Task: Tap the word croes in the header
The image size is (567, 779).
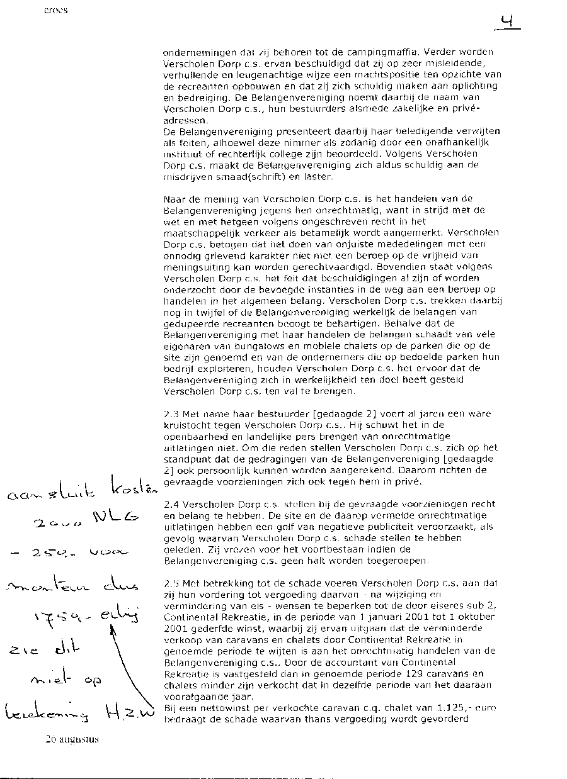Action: tap(56, 11)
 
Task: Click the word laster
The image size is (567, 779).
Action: tap(302, 177)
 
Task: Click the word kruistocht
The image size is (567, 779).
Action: tap(186, 425)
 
